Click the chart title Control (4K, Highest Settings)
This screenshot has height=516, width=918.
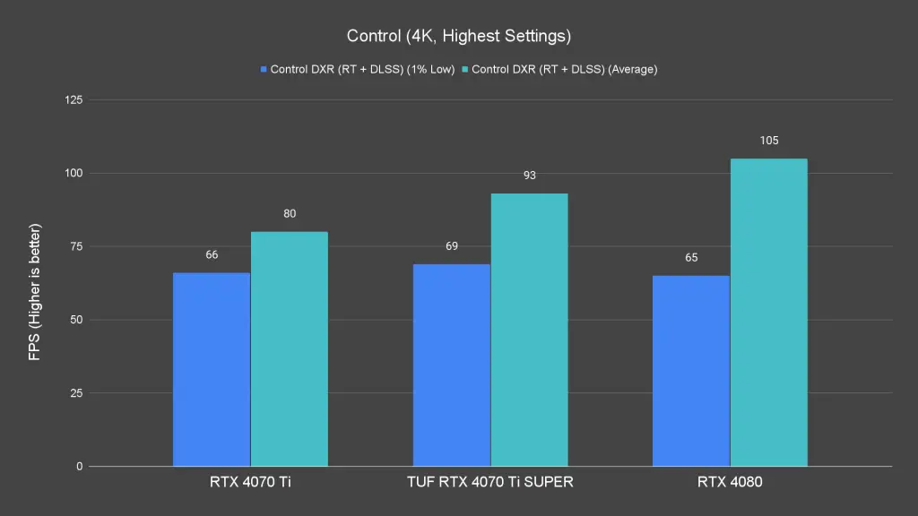click(x=459, y=37)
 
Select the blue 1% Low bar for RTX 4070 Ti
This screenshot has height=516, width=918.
click(x=212, y=369)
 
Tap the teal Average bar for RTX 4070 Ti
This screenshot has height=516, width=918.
click(x=290, y=349)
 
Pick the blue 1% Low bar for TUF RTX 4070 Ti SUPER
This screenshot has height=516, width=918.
click(x=452, y=365)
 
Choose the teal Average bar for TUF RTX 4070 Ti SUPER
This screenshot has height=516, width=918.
click(x=529, y=330)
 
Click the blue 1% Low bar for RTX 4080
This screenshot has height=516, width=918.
click(x=691, y=371)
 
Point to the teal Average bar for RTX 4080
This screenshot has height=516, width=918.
click(x=769, y=312)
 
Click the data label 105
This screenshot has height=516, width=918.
click(x=769, y=141)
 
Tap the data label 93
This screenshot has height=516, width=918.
click(x=529, y=176)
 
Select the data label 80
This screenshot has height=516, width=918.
click(x=290, y=214)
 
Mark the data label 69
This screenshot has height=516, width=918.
click(x=452, y=245)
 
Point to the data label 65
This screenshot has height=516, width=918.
click(x=691, y=258)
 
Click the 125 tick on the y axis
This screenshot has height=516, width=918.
click(x=74, y=99)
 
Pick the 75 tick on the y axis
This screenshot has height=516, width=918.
click(x=76, y=246)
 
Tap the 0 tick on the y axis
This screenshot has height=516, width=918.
click(x=80, y=467)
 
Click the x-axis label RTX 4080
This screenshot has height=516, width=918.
click(x=730, y=483)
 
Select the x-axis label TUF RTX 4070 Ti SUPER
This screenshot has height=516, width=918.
click(x=490, y=483)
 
